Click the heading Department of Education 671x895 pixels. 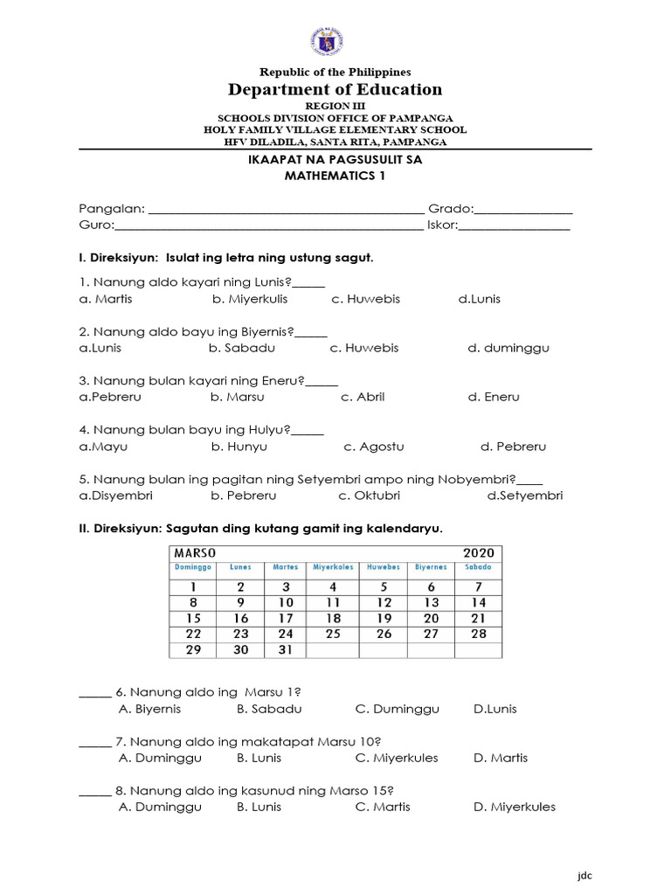[x=335, y=89]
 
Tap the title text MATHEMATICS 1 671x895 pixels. [x=335, y=176]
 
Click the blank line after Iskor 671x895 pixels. [x=515, y=227]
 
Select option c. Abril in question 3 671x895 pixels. [x=363, y=397]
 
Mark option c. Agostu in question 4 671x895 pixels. [x=373, y=447]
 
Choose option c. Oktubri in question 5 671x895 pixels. [x=370, y=496]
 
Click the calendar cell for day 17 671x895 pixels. [x=286, y=618]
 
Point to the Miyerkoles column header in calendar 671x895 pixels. [x=333, y=567]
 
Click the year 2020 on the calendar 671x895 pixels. [x=478, y=552]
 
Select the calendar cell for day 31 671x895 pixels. [x=286, y=649]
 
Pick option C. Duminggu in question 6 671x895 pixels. [x=397, y=709]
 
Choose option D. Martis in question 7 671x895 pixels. [x=501, y=758]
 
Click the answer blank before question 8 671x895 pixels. [x=94, y=794]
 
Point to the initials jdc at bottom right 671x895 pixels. [x=585, y=876]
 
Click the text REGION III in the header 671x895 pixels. [x=335, y=106]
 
